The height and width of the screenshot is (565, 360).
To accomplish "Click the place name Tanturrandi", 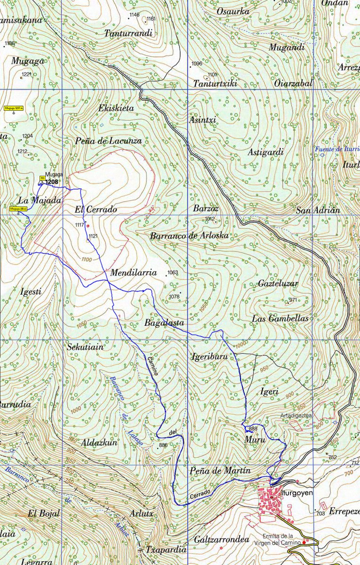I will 128,33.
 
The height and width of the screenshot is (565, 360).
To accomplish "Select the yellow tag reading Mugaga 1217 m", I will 14,108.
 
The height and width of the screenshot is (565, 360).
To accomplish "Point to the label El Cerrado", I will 96,209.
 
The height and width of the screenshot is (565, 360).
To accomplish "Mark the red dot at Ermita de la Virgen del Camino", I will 304,542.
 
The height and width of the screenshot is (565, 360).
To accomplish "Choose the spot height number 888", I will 253,428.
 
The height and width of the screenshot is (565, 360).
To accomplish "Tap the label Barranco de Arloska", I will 189,236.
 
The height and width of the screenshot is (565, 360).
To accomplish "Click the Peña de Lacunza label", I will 108,141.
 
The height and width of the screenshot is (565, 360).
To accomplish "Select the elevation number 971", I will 293,300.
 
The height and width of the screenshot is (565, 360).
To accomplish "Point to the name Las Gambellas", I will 280,319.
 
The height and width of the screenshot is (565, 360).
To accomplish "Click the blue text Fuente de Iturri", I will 337,149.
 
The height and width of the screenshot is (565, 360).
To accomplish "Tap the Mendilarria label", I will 133,273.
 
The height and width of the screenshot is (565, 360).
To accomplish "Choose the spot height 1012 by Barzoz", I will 210,219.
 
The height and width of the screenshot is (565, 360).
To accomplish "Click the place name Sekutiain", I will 85,347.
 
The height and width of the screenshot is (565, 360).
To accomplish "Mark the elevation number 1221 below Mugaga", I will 26,74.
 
